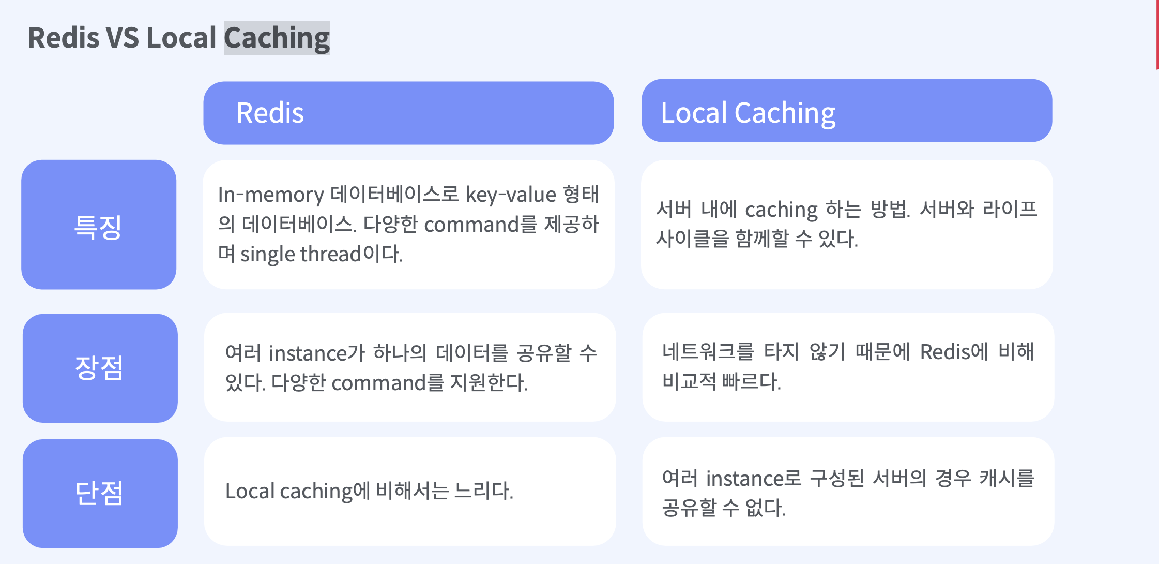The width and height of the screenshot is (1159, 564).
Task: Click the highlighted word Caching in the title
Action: (277, 38)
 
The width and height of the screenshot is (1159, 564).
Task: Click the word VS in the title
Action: (123, 37)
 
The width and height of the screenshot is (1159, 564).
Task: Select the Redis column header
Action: (408, 113)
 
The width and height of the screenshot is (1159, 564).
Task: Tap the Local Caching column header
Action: (847, 111)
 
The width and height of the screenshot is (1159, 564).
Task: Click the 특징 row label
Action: (99, 225)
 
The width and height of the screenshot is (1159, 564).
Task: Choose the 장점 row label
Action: (100, 368)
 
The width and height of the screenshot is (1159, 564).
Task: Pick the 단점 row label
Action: (100, 493)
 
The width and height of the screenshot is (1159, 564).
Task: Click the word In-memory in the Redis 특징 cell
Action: (271, 195)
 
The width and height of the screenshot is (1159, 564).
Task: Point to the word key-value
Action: (511, 195)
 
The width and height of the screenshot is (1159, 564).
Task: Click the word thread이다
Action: (351, 254)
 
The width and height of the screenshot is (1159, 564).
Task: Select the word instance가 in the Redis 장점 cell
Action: (317, 353)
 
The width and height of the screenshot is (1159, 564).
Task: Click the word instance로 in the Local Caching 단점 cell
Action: (754, 479)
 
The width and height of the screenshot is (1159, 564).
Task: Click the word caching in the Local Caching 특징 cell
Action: (782, 210)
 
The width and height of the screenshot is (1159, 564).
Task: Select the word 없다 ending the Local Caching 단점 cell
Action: (765, 508)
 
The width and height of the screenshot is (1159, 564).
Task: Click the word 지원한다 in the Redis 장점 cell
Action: (489, 383)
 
